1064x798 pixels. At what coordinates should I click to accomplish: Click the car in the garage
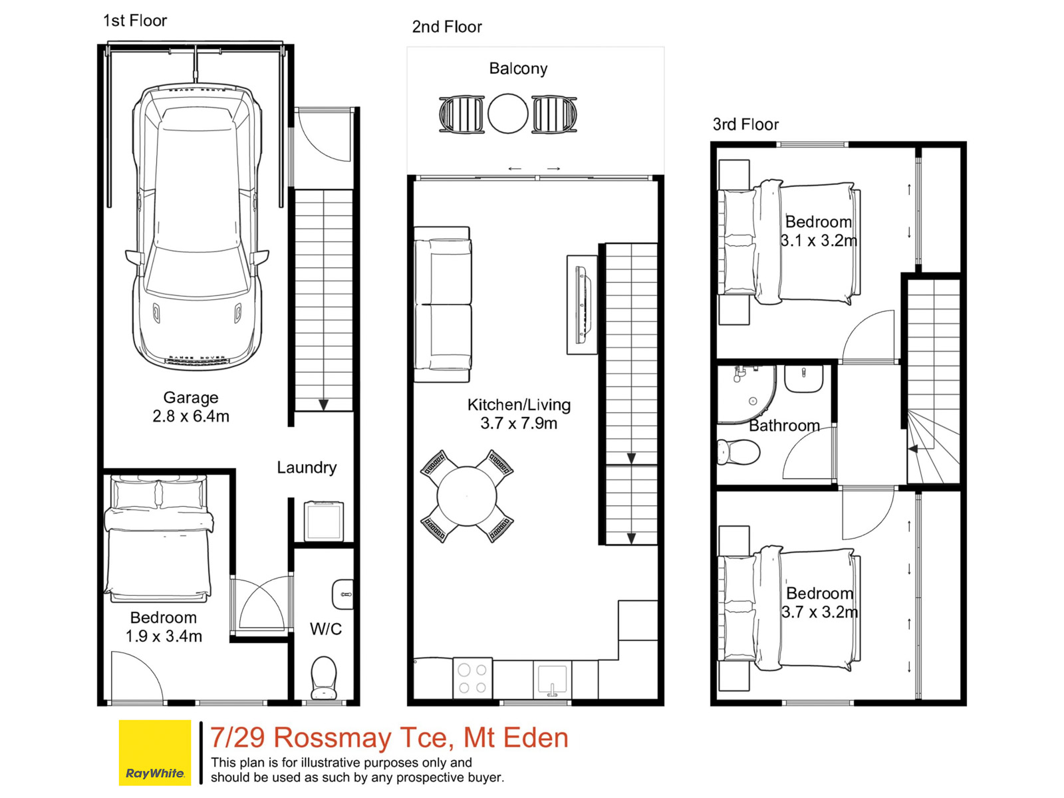pos(197,227)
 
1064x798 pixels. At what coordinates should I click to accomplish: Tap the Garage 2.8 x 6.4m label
pos(190,406)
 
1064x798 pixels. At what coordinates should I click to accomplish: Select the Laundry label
pos(307,467)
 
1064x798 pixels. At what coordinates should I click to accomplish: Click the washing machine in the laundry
pos(323,521)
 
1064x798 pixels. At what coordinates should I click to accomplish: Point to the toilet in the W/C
pos(323,678)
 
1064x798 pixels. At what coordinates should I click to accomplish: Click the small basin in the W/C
pos(342,594)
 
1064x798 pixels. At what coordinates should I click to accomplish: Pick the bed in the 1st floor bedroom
pos(158,538)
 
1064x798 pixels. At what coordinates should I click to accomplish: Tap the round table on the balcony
pos(507,113)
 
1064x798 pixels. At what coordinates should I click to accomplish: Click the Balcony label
pos(518,68)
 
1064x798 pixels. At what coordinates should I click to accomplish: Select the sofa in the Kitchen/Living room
pos(442,305)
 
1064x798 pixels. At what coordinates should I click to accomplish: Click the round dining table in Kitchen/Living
pos(467,496)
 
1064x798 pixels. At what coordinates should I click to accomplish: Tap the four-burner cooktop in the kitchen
pos(473,678)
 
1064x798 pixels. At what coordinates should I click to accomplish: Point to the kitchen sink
pos(552,679)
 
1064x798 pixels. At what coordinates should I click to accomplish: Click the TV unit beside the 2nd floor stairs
pos(582,305)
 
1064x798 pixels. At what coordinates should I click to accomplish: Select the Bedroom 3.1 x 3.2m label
pos(819,231)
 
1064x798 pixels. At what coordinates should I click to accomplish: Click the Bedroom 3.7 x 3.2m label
pos(819,602)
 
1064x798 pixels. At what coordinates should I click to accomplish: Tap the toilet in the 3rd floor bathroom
pos(738,452)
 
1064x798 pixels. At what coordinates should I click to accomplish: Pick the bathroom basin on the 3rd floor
pos(803,378)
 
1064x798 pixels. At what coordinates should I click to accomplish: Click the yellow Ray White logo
pos(155,753)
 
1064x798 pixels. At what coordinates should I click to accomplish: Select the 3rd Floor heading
pos(745,124)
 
